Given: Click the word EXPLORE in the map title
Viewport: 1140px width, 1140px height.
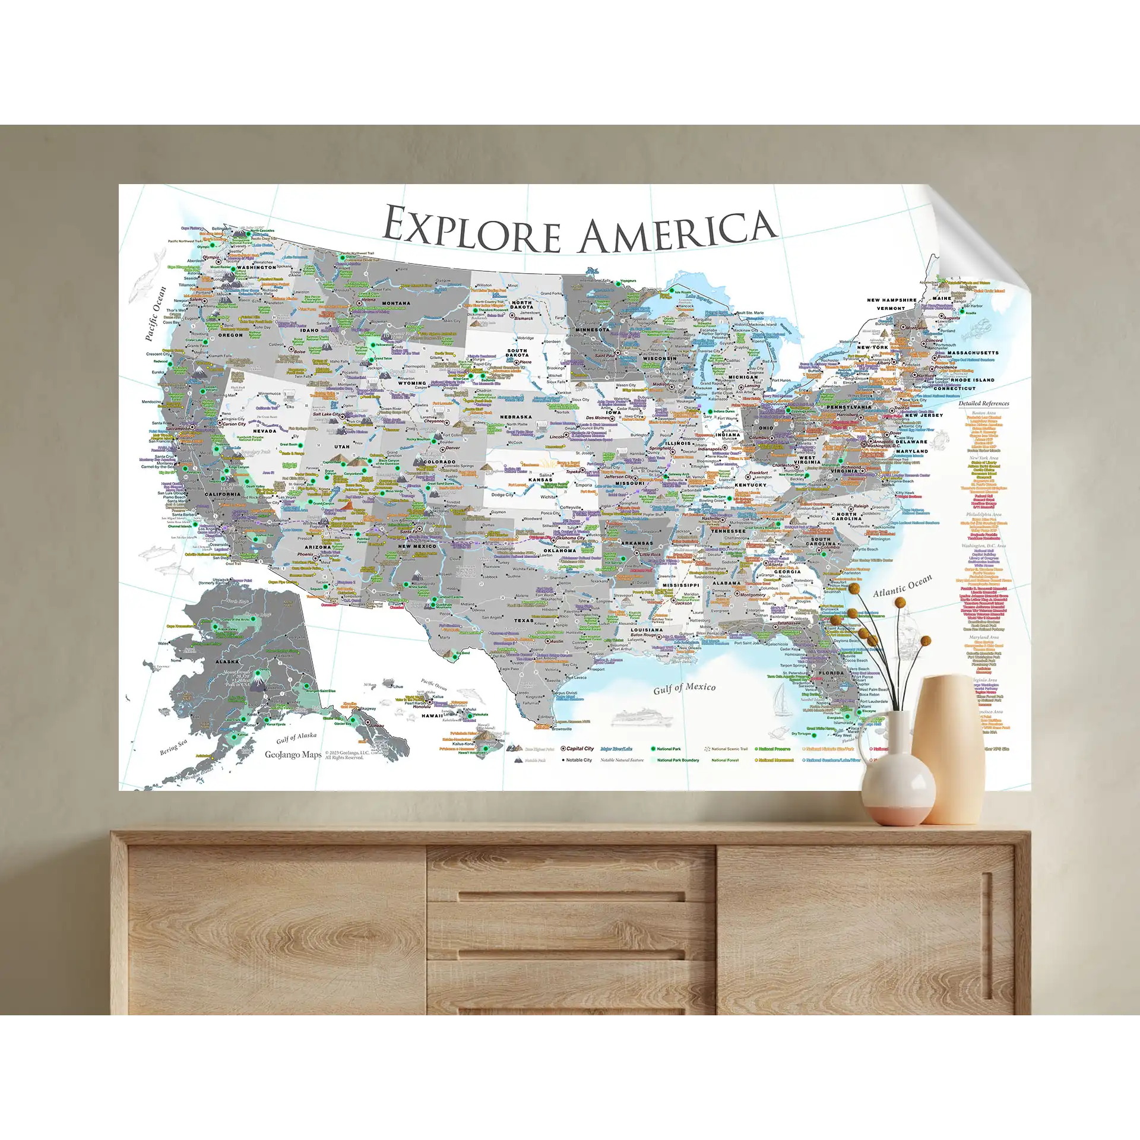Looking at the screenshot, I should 472,229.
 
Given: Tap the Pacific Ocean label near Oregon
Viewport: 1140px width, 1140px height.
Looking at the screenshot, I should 156,313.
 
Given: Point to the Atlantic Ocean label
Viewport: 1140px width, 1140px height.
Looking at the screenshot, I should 902,585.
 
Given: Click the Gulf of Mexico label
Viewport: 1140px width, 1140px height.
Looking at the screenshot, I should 684,688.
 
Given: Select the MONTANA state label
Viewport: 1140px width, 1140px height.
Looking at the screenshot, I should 396,303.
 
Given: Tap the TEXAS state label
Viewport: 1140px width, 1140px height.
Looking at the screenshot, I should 523,620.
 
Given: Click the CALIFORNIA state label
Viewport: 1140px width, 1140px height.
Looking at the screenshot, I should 222,494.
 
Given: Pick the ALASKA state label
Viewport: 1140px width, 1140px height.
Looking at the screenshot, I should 227,661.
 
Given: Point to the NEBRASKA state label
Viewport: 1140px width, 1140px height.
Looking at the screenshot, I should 515,417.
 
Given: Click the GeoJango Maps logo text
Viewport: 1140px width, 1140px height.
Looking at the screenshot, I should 293,755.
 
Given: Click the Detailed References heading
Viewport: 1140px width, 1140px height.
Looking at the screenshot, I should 983,404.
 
